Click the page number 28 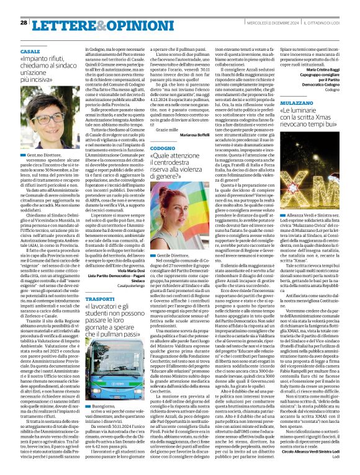click(24, 22)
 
